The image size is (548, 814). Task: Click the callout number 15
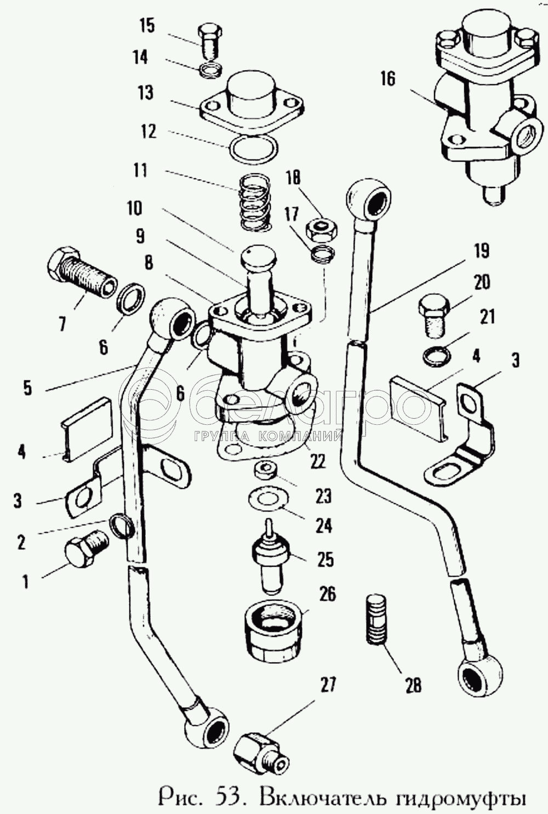147,26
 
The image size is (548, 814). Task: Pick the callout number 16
387,79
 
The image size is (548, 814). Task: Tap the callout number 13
145,93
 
